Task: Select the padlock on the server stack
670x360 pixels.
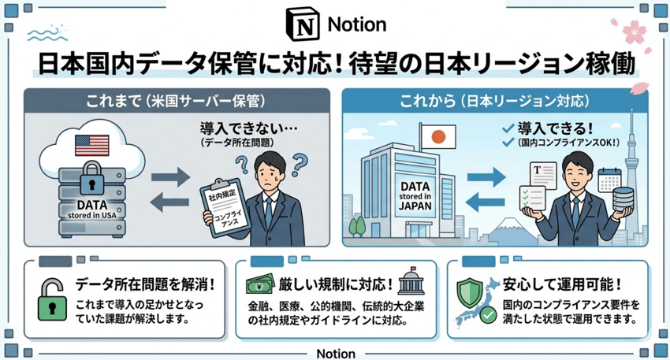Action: point(90,176)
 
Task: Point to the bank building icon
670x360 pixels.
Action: point(410,281)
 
